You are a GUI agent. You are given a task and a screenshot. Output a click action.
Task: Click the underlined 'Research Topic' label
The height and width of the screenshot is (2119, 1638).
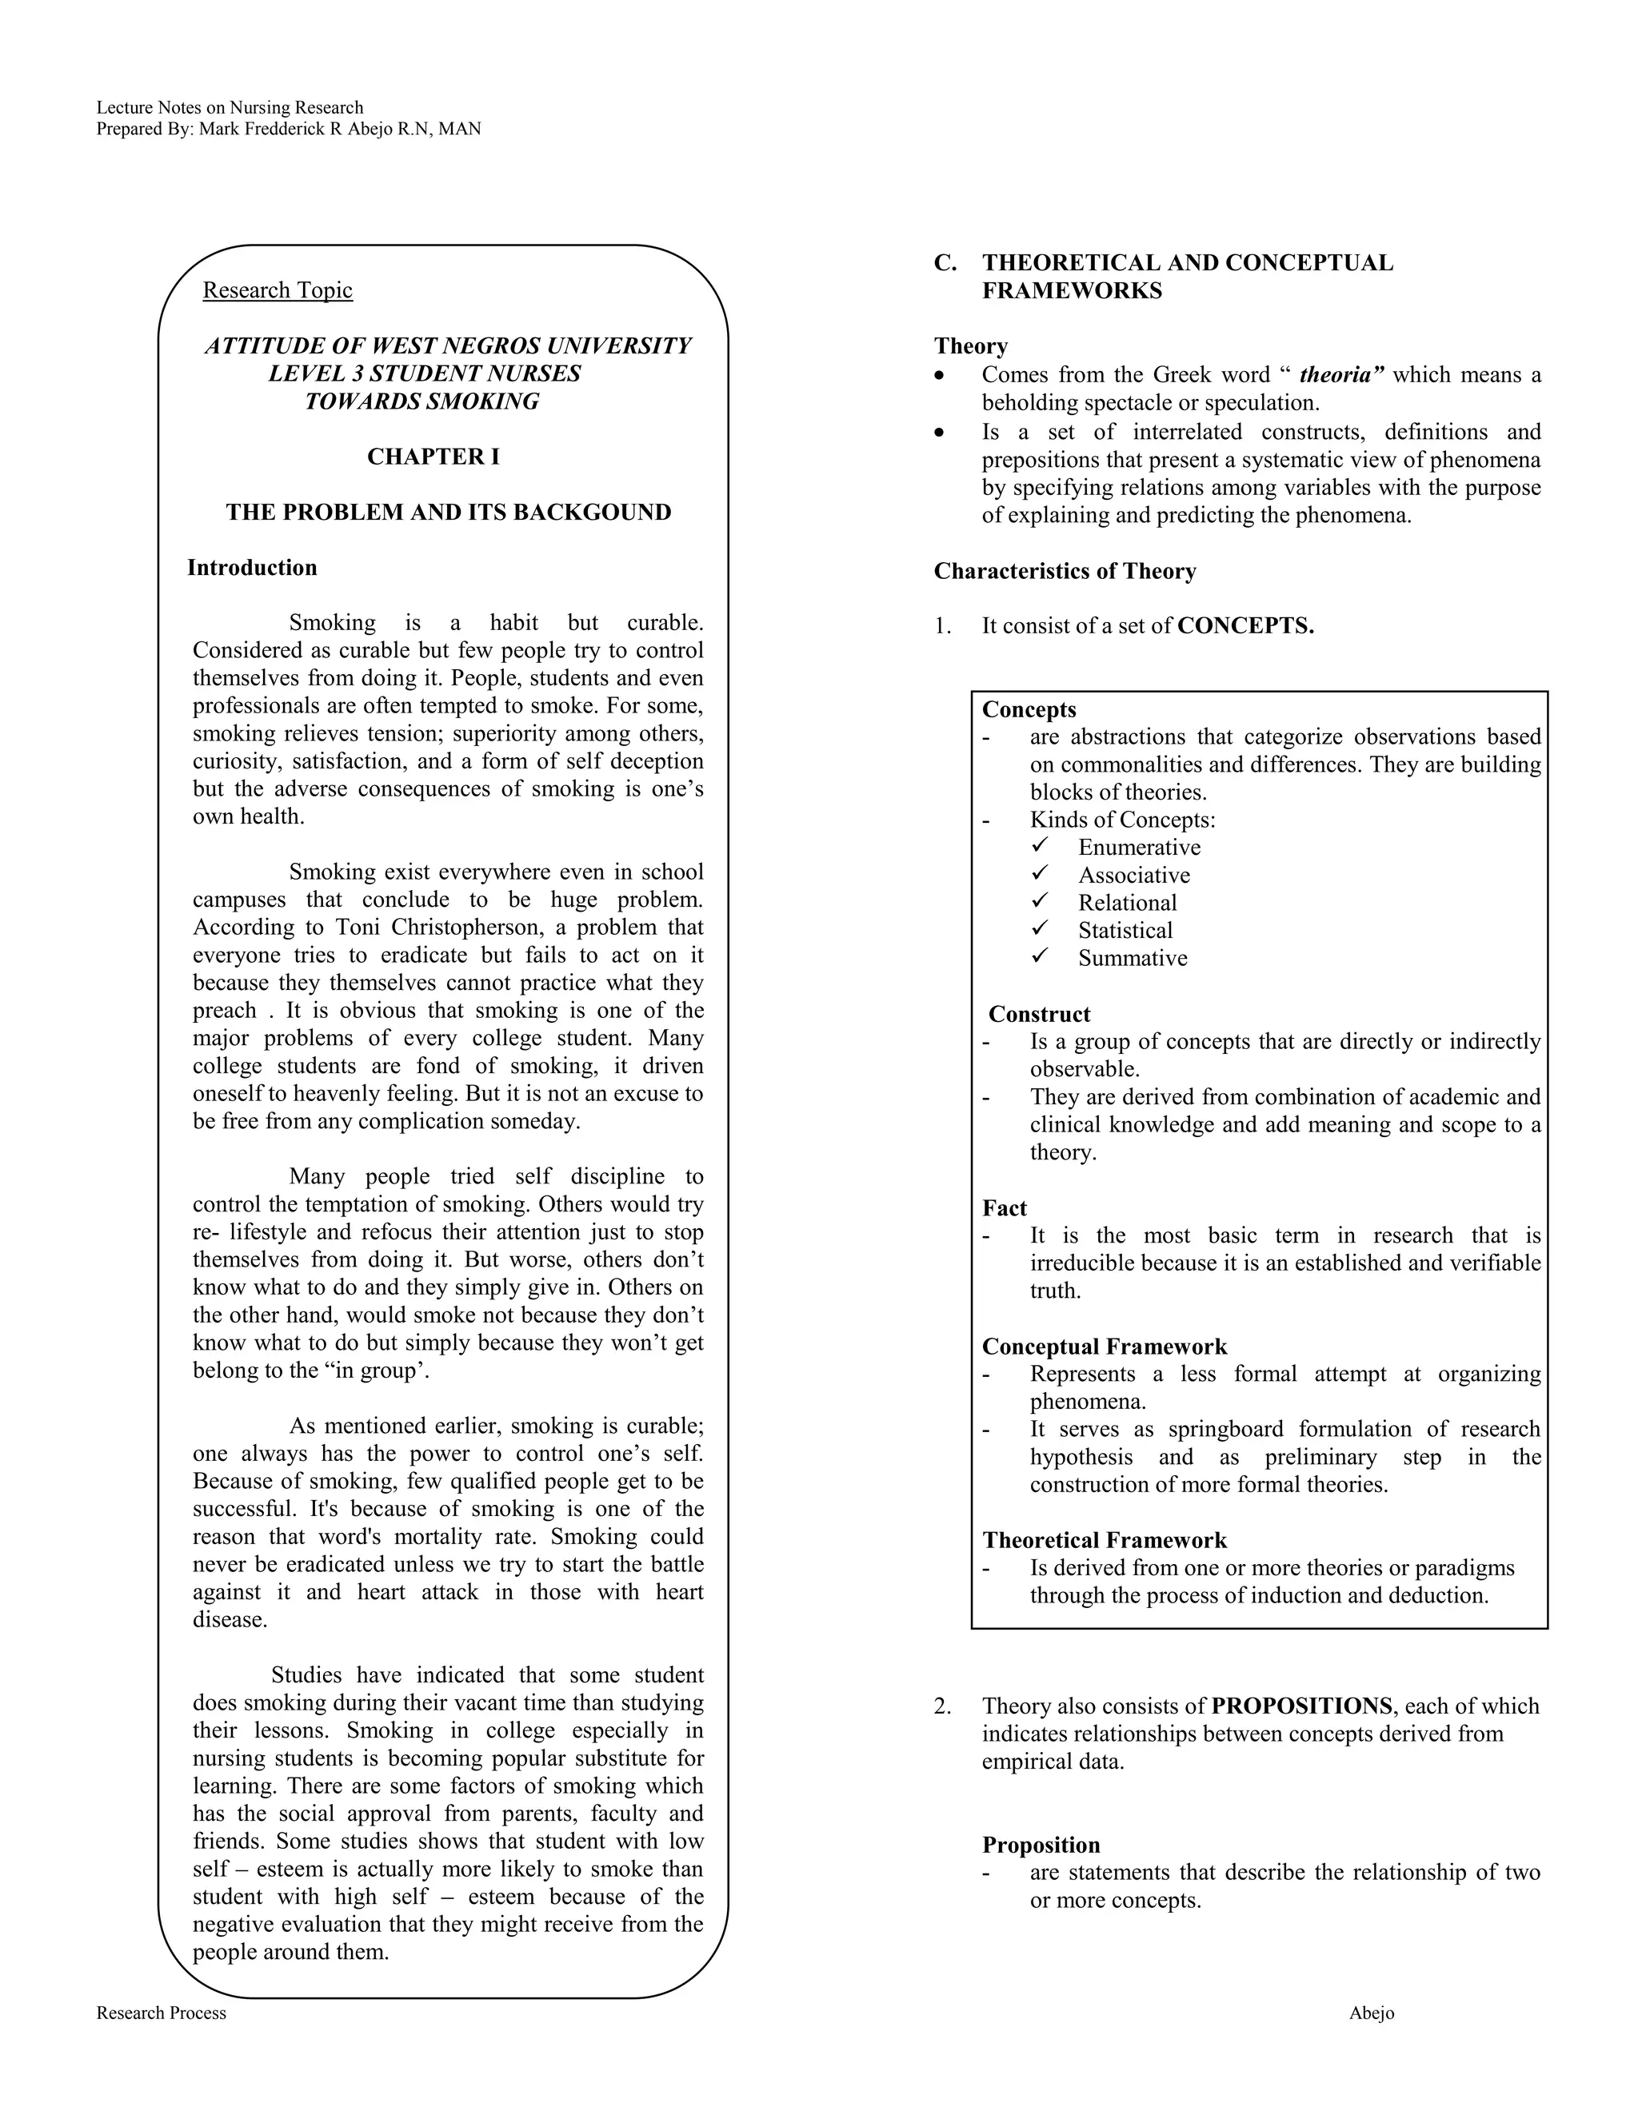pos(277,290)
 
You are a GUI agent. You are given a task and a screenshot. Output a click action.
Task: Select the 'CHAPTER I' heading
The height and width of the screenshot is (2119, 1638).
pos(433,457)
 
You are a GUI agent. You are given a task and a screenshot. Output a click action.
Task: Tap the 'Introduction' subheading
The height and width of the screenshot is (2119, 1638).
pos(251,568)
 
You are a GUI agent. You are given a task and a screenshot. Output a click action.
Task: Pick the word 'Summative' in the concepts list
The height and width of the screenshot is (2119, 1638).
pos(1133,959)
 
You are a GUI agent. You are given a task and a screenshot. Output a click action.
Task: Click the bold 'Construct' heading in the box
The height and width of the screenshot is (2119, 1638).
pos(1039,1014)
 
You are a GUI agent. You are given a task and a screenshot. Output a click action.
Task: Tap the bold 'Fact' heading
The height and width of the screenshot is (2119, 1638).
pos(1004,1208)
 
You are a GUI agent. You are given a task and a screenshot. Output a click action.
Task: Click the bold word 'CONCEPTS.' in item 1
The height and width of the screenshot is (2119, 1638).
pos(1245,626)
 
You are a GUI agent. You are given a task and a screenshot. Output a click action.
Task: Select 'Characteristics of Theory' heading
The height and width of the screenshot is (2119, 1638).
pos(1065,572)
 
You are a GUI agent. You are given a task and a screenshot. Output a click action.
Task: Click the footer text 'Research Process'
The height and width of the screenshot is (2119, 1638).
pos(161,2013)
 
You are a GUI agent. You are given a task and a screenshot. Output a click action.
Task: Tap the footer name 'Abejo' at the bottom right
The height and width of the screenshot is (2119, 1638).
pos(1370,2013)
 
